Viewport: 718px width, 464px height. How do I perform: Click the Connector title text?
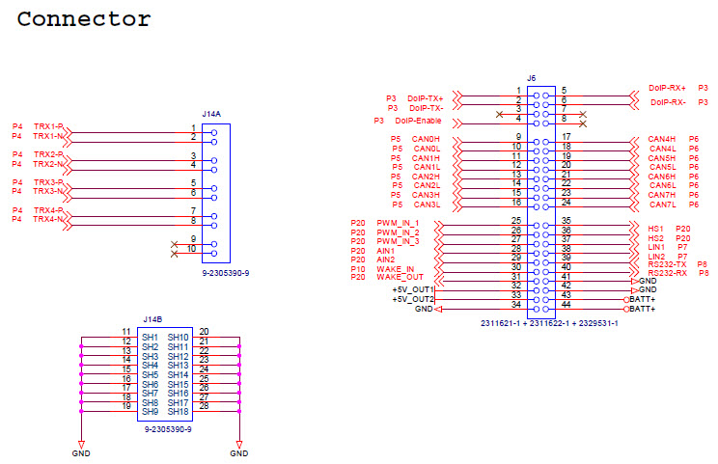pyautogui.click(x=85, y=18)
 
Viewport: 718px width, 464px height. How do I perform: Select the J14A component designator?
pyautogui.click(x=210, y=113)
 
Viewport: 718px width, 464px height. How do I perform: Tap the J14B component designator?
pyautogui.click(x=152, y=318)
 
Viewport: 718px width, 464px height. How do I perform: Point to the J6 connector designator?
pyautogui.click(x=531, y=77)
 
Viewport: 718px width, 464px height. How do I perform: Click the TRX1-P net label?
pyautogui.click(x=48, y=126)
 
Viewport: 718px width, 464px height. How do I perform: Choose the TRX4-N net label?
pyautogui.click(x=48, y=219)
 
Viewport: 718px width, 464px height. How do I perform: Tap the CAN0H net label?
pyautogui.click(x=426, y=139)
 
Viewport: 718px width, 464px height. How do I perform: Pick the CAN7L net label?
pyautogui.click(x=662, y=204)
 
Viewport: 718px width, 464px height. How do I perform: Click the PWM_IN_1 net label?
pyautogui.click(x=398, y=223)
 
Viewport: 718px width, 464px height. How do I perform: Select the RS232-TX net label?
pyautogui.click(x=667, y=264)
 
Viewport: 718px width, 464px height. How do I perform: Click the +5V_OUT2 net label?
pyautogui.click(x=413, y=299)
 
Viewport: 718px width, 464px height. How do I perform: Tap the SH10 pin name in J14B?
pyautogui.click(x=178, y=337)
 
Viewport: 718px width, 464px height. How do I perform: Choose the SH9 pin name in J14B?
pyautogui.click(x=150, y=411)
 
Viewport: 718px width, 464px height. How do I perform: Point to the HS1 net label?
pyautogui.click(x=656, y=228)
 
